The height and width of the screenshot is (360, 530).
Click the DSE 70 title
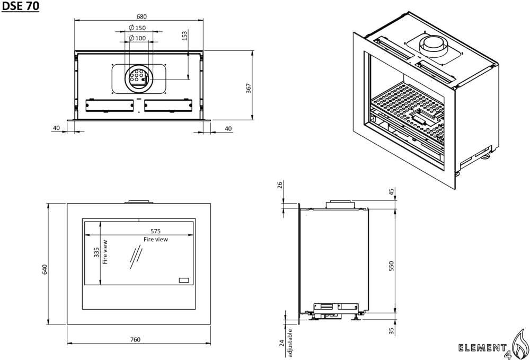[20, 7]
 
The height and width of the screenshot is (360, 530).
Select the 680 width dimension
[142, 16]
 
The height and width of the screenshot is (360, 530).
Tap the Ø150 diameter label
[137, 28]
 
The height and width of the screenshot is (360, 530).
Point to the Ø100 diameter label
[137, 38]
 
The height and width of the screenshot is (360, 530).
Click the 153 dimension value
[184, 36]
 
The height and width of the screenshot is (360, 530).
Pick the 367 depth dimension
[249, 88]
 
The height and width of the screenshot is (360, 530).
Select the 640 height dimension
[45, 269]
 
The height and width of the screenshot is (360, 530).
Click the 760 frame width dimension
[135, 340]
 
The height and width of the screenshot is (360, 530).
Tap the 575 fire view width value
[155, 231]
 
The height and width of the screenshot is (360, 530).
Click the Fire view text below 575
[156, 240]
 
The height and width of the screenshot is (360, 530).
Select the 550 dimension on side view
[392, 266]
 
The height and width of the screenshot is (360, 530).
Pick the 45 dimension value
[392, 192]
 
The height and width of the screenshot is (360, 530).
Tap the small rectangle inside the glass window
[183, 279]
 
